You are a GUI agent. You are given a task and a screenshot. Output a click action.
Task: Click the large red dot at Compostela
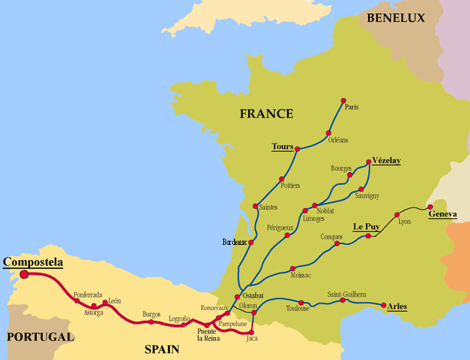[x=24, y=274]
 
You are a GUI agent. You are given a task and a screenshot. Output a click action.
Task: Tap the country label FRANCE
[x=266, y=114]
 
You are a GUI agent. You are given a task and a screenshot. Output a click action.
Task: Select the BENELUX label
[x=395, y=18]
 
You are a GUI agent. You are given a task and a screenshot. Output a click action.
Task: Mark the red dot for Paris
[x=343, y=101]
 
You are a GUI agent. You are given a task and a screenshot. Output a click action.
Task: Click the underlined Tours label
[x=282, y=146]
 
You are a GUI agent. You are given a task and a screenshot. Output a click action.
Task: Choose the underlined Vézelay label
[x=386, y=160]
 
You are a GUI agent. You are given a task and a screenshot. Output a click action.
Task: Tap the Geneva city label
[x=442, y=214]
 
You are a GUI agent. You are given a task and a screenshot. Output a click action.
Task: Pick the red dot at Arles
[x=383, y=305]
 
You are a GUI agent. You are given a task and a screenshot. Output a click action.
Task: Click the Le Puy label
[x=366, y=226]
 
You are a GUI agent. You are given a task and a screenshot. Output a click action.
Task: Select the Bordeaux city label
[x=234, y=242]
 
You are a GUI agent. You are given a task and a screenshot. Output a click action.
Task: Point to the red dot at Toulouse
[x=302, y=302]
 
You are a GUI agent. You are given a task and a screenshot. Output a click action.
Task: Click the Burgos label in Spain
[x=152, y=314]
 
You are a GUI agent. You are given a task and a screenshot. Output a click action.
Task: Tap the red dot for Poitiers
[x=281, y=178]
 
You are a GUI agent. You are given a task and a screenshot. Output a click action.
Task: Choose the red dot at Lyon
[x=397, y=214]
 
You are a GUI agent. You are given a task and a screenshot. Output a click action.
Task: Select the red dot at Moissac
[x=293, y=268]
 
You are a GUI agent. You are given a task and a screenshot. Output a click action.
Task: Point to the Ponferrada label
[x=88, y=294]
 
